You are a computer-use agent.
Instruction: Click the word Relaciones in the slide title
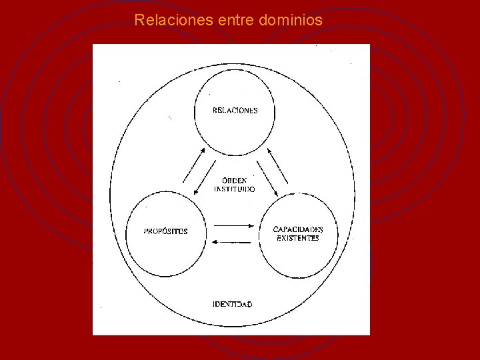(x=173, y=21)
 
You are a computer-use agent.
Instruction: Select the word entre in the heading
(x=235, y=21)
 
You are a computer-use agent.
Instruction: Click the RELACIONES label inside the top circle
(x=235, y=111)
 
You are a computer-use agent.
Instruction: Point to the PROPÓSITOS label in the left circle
(x=166, y=231)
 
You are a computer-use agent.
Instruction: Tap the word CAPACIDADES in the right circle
(x=298, y=229)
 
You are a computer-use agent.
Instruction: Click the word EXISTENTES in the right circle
(x=298, y=238)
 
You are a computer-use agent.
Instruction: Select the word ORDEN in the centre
(x=234, y=180)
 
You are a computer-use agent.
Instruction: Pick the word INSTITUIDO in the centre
(x=234, y=189)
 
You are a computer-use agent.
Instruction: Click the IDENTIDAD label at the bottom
(x=232, y=304)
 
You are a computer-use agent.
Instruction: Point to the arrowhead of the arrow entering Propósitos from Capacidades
(x=213, y=242)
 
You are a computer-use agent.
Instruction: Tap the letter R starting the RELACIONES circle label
(x=215, y=111)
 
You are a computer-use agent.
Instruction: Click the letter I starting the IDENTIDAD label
(x=213, y=304)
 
